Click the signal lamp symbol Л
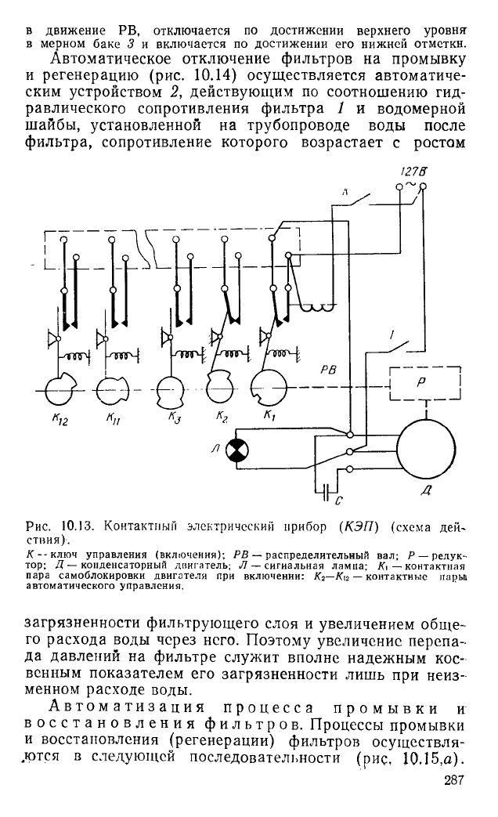pos(237,449)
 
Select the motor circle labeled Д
pos(426,447)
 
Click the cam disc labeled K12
pos(60,388)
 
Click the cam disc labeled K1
pos(269,388)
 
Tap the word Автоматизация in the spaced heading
pos(131,709)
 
